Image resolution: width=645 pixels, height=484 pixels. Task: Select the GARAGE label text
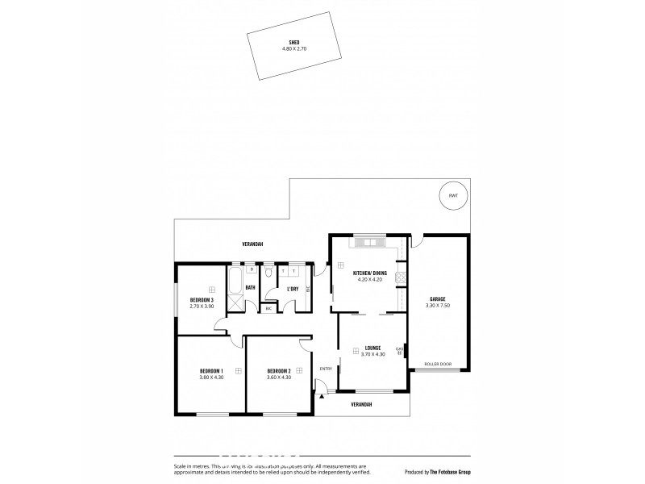438,298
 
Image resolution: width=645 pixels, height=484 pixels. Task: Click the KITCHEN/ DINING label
370,273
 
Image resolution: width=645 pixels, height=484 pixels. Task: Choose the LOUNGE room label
372,348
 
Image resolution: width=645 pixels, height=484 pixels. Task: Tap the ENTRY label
326,369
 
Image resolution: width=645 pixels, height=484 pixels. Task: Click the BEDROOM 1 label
210,371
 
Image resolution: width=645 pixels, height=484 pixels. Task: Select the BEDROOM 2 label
278,371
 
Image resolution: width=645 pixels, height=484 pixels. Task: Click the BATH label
251,287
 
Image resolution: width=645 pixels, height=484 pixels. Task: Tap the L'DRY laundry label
293,290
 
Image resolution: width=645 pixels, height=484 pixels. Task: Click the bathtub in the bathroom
235,283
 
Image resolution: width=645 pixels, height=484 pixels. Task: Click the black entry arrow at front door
322,394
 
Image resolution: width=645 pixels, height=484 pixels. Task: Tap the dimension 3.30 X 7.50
438,305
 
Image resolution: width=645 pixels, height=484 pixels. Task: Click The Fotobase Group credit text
449,471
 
